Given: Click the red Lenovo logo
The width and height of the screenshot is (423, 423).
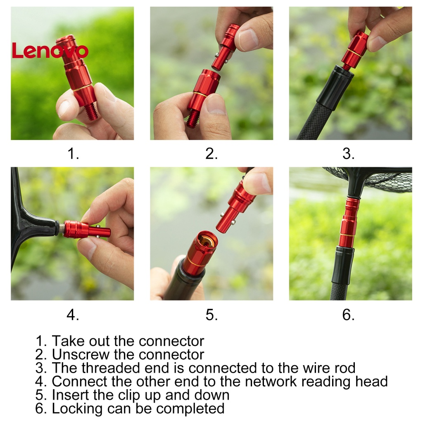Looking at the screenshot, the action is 50,50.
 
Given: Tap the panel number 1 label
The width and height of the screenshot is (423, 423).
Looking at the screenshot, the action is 73,154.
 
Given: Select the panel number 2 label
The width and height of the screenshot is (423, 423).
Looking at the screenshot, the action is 211,154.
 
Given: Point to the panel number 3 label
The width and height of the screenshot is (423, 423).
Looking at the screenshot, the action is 348,154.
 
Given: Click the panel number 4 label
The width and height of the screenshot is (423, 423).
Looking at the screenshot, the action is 73,314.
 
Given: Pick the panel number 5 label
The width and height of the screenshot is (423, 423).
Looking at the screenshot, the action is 211,314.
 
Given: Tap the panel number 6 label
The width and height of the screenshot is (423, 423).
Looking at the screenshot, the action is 348,314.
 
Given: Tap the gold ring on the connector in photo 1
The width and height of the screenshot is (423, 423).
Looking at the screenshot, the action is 82,88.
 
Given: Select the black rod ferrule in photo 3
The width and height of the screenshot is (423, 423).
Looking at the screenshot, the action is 334,87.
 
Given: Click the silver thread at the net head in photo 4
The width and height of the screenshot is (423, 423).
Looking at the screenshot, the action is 61,228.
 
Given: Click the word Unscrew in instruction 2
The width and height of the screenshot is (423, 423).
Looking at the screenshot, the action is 80,354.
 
